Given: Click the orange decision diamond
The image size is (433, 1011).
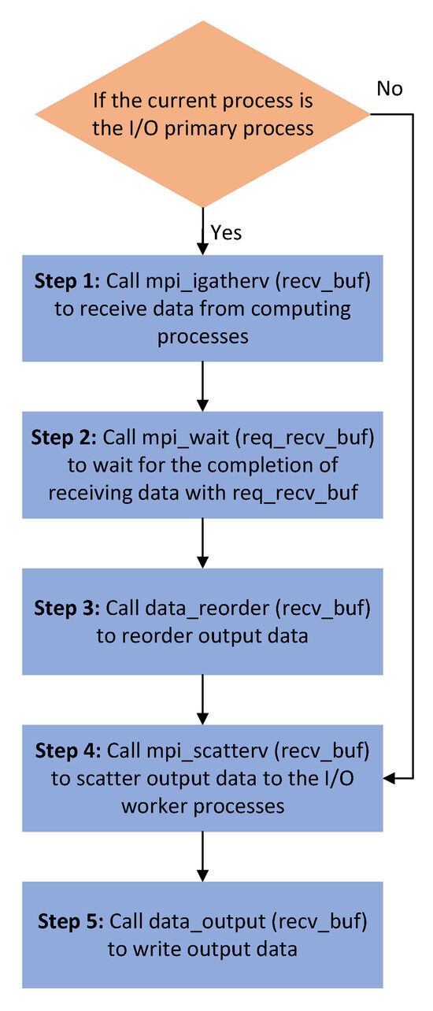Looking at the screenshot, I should pos(202,114).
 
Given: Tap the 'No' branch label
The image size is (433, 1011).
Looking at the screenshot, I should pos(390,88).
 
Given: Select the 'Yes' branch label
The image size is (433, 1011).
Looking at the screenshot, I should pos(226,232).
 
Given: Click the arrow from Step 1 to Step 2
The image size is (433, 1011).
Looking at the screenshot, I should pos(203,385).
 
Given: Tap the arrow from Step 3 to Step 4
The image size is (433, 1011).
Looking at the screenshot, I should pos(203,699).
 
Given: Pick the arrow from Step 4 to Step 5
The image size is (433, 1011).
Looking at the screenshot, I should pos(203,856).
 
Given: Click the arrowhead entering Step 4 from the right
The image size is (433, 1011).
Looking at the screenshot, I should pos(390,778).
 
